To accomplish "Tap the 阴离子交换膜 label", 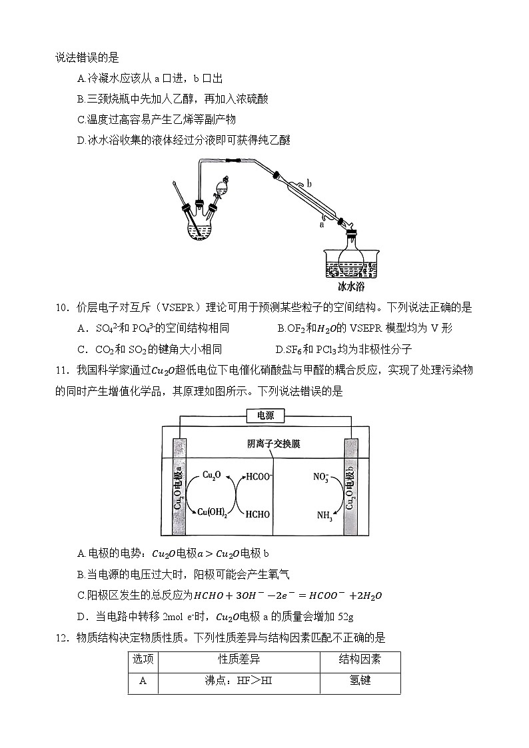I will (273, 444).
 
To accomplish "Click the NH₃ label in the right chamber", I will (322, 514).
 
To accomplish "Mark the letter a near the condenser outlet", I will (322, 224).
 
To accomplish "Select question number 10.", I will (63, 308).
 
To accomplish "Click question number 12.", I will (63, 637).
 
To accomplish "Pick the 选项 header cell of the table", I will (143, 660).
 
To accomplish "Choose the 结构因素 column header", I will (360, 660).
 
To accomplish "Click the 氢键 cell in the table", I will (360, 681).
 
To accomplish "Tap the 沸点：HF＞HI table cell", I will (239, 681).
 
